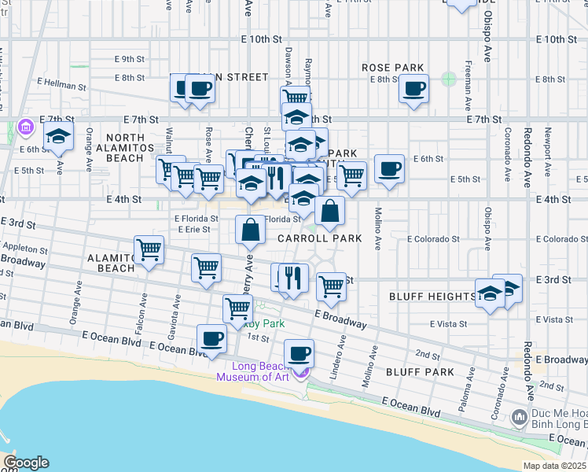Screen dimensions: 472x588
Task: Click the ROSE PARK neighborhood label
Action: coord(392,68)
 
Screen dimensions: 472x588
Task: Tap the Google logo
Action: coord(25,463)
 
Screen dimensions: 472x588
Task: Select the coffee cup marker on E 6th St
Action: coord(388,168)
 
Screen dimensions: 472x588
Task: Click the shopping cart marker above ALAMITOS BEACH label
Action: coord(149,250)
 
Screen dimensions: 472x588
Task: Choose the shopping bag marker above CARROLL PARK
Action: coord(250,230)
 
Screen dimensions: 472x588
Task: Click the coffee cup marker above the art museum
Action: coord(298,353)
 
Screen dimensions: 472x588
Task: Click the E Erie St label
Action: coord(192,230)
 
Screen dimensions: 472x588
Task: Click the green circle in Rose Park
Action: coord(448,79)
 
